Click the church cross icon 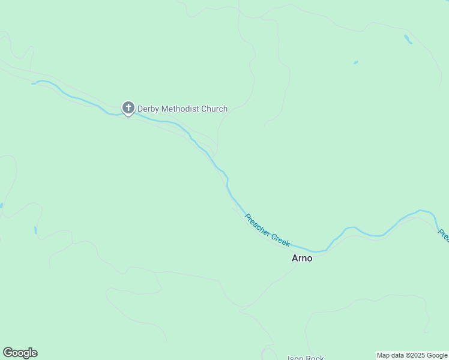(x=128, y=109)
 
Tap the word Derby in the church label (x=148, y=109)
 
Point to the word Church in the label (x=215, y=109)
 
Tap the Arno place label (x=302, y=259)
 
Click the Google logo (x=20, y=353)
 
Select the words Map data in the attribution (x=390, y=355)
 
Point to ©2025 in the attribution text (x=414, y=355)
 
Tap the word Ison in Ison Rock (x=295, y=358)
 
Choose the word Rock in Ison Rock (x=315, y=358)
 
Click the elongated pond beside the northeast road (x=408, y=39)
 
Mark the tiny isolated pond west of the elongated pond (x=356, y=62)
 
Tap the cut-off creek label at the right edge (x=444, y=235)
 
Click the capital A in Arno (x=295, y=259)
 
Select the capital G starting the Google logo (x=7, y=353)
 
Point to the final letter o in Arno (x=309, y=259)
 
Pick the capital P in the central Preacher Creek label (x=247, y=217)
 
